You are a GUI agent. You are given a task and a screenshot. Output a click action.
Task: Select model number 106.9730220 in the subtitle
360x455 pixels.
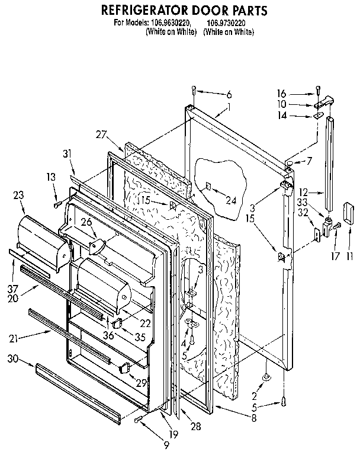click(228, 23)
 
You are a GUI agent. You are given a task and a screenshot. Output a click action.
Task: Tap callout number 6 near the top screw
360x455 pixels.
click(229, 95)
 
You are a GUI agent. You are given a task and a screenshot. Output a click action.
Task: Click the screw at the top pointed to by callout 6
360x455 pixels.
click(194, 90)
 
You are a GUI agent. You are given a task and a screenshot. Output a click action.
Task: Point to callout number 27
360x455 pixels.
click(102, 134)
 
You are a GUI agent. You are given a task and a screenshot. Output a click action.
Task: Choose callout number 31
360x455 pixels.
click(66, 154)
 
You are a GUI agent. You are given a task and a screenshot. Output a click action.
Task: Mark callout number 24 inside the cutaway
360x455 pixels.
click(231, 201)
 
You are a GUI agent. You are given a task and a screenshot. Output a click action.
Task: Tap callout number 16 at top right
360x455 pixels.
click(282, 93)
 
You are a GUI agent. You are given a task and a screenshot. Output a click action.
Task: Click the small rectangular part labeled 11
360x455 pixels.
click(348, 212)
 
